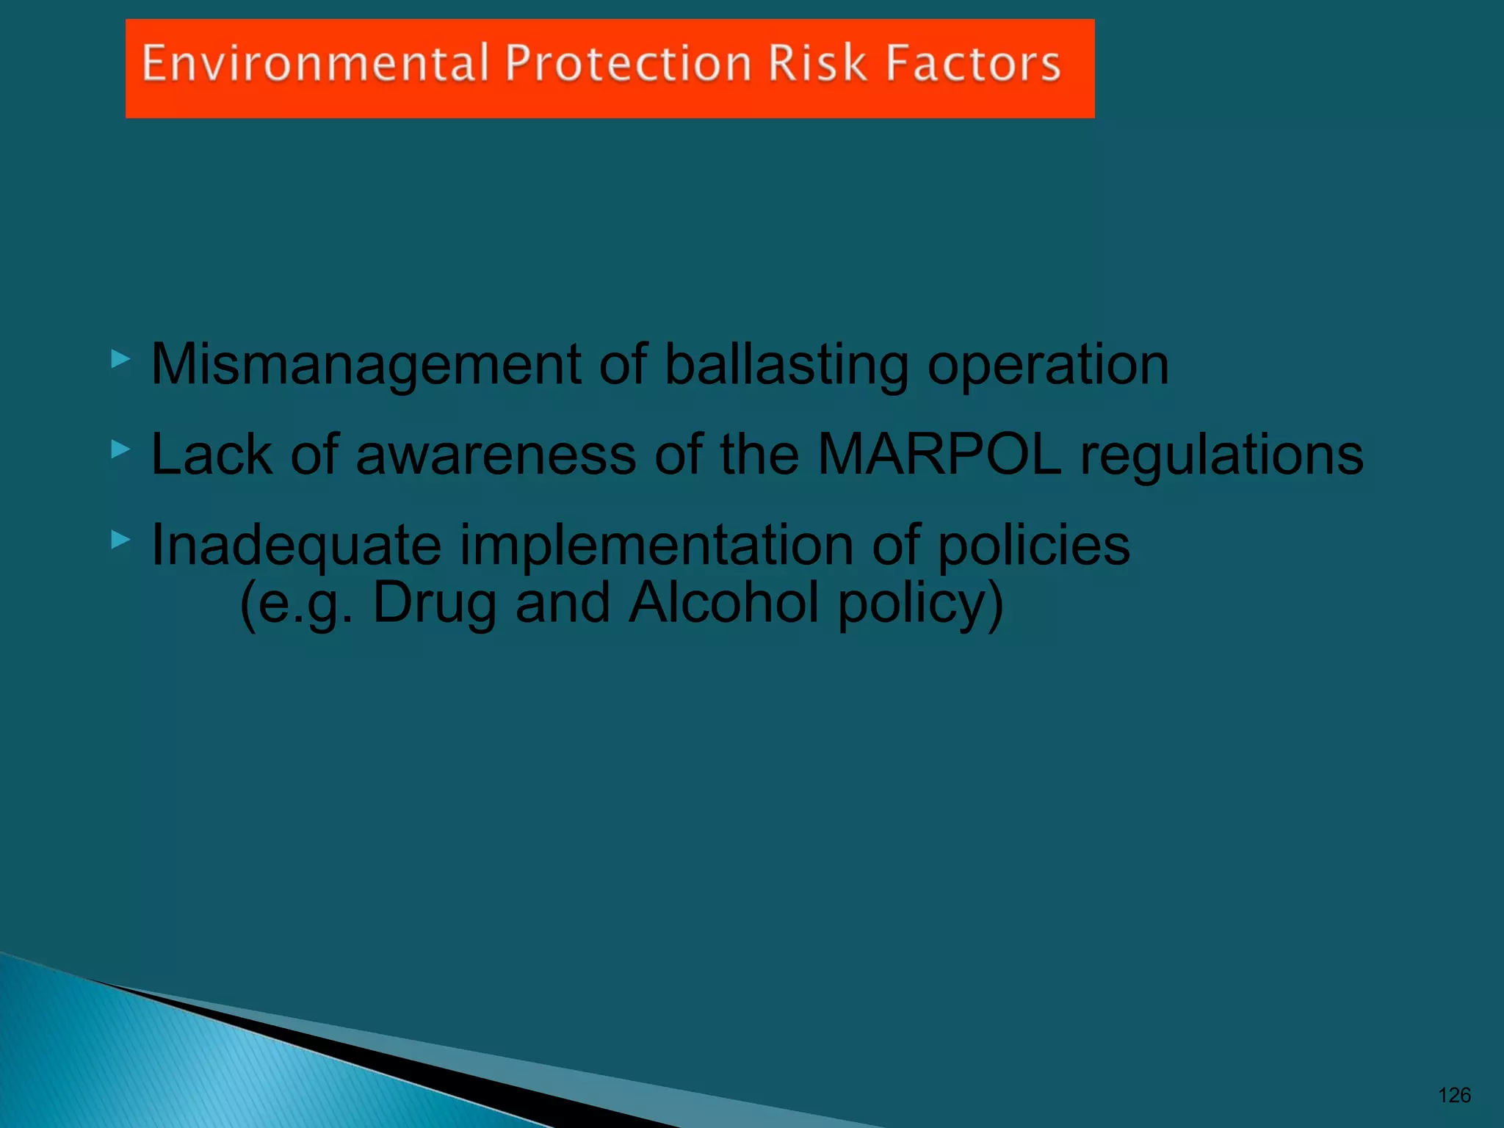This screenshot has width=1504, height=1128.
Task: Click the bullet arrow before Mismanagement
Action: click(x=120, y=360)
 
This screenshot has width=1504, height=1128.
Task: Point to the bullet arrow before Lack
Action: click(x=120, y=449)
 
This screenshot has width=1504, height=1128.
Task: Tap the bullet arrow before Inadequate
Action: click(x=120, y=540)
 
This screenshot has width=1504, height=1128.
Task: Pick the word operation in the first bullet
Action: click(x=1048, y=365)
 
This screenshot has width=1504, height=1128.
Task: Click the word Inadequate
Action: click(x=296, y=546)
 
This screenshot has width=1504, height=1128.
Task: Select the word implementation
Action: click(x=656, y=546)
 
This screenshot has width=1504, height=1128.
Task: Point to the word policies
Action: click(x=1033, y=546)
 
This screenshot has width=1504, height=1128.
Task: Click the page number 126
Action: click(x=1454, y=1096)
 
